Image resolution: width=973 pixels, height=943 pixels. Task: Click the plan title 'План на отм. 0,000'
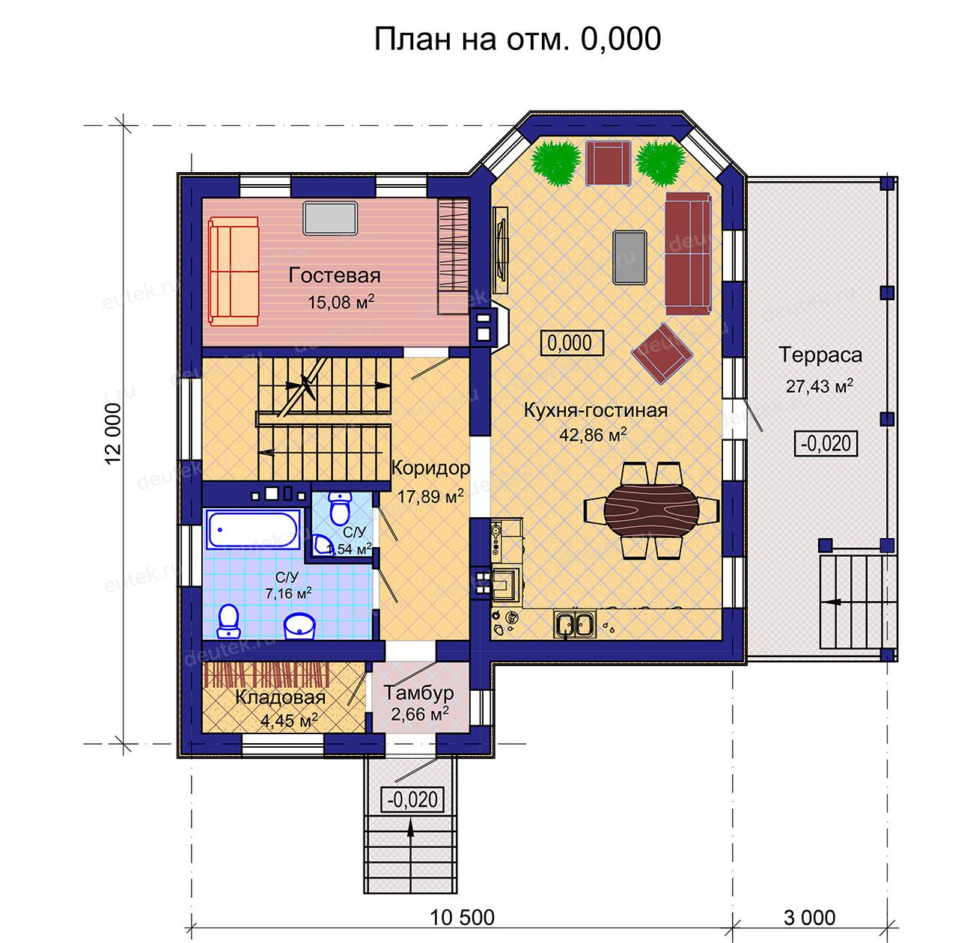[x=517, y=38]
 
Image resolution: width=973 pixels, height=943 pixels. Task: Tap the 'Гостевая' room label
[x=334, y=275]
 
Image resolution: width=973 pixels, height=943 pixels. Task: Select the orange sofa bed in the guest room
[x=234, y=271]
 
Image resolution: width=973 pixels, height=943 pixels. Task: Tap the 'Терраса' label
[x=820, y=355]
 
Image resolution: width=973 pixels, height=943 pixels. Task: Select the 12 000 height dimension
[x=113, y=434]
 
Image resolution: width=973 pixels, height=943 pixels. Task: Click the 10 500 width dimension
[x=462, y=918]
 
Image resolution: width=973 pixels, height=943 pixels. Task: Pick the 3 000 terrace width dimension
[x=809, y=918]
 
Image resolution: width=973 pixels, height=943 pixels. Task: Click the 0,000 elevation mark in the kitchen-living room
[x=572, y=343]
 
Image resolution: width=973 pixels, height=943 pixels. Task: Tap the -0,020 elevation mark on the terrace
[x=826, y=444]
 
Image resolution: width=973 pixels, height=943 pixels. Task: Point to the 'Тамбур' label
[x=418, y=693]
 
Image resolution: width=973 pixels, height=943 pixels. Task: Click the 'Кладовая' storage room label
[x=280, y=697]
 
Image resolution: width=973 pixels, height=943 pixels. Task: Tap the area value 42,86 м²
[x=593, y=434]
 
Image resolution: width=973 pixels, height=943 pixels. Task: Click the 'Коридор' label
[x=430, y=468]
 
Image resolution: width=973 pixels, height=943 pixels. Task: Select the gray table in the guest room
[x=330, y=218]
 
